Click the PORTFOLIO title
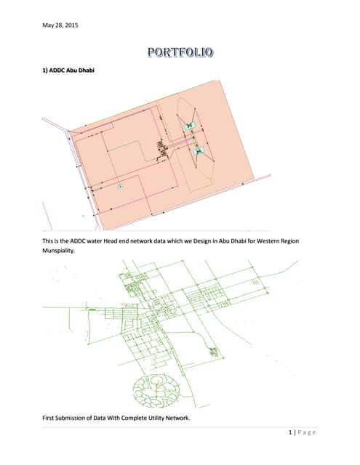click(180, 52)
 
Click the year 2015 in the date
click(71, 25)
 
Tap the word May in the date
click(47, 25)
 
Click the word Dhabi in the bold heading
click(86, 70)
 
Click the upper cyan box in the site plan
click(189, 126)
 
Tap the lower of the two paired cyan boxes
click(199, 152)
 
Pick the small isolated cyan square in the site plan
click(120, 186)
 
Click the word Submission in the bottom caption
click(70, 418)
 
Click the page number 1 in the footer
click(290, 432)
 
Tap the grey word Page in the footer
click(307, 433)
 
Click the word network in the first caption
click(143, 240)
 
